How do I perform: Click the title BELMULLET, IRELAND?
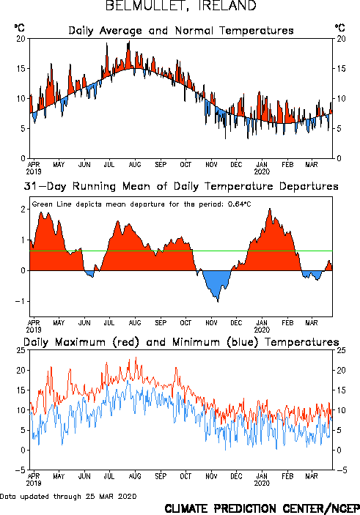tap(180, 6)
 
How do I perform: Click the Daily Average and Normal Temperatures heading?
tap(181, 31)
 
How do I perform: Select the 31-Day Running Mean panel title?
tap(181, 186)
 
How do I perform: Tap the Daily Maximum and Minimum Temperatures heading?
tap(181, 342)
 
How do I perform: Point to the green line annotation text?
tap(142, 204)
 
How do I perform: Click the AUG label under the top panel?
tap(135, 164)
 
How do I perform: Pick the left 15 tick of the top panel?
tap(21, 69)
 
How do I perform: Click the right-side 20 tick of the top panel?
tap(341, 39)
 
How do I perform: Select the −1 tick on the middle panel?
tap(20, 301)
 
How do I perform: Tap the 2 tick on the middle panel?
tap(23, 210)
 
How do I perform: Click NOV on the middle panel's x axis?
tap(211, 322)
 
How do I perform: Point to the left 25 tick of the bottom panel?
tap(21, 350)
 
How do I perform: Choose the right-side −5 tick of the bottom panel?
tap(342, 470)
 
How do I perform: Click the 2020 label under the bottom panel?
tap(262, 483)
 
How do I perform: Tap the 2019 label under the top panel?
tap(34, 171)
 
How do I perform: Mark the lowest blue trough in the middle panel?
tap(218, 302)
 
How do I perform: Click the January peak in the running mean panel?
tap(270, 209)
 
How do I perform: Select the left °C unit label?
tap(19, 28)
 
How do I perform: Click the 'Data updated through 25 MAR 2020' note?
tap(68, 496)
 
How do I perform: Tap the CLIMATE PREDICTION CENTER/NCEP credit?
tap(262, 508)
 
